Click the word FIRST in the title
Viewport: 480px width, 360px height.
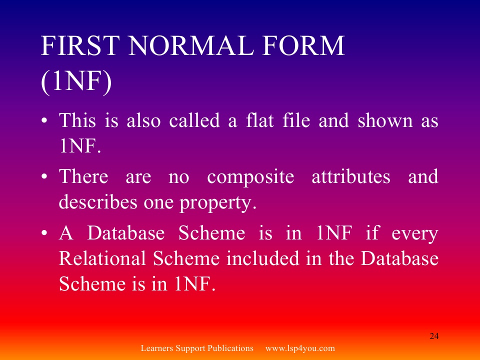click(x=80, y=45)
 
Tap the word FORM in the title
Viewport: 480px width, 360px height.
click(x=303, y=45)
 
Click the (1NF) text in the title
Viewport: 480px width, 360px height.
click(x=76, y=81)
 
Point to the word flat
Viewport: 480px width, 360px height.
click(x=260, y=120)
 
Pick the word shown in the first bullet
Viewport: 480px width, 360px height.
click(x=385, y=120)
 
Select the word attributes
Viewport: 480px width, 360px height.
click(x=351, y=176)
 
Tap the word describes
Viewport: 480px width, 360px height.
click(x=98, y=202)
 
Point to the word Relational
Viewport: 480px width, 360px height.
click(x=102, y=258)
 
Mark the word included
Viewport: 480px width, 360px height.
click(x=262, y=258)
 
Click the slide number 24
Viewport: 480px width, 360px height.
click(x=434, y=336)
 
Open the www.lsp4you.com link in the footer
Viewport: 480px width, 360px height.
click(x=300, y=348)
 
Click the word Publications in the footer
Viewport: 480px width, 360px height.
click(x=230, y=348)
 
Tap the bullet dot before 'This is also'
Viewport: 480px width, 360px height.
click(x=44, y=120)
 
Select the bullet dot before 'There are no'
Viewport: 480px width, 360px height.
click(x=44, y=177)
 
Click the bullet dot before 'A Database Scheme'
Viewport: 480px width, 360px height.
click(x=44, y=233)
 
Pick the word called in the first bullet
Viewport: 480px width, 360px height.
click(x=194, y=120)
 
